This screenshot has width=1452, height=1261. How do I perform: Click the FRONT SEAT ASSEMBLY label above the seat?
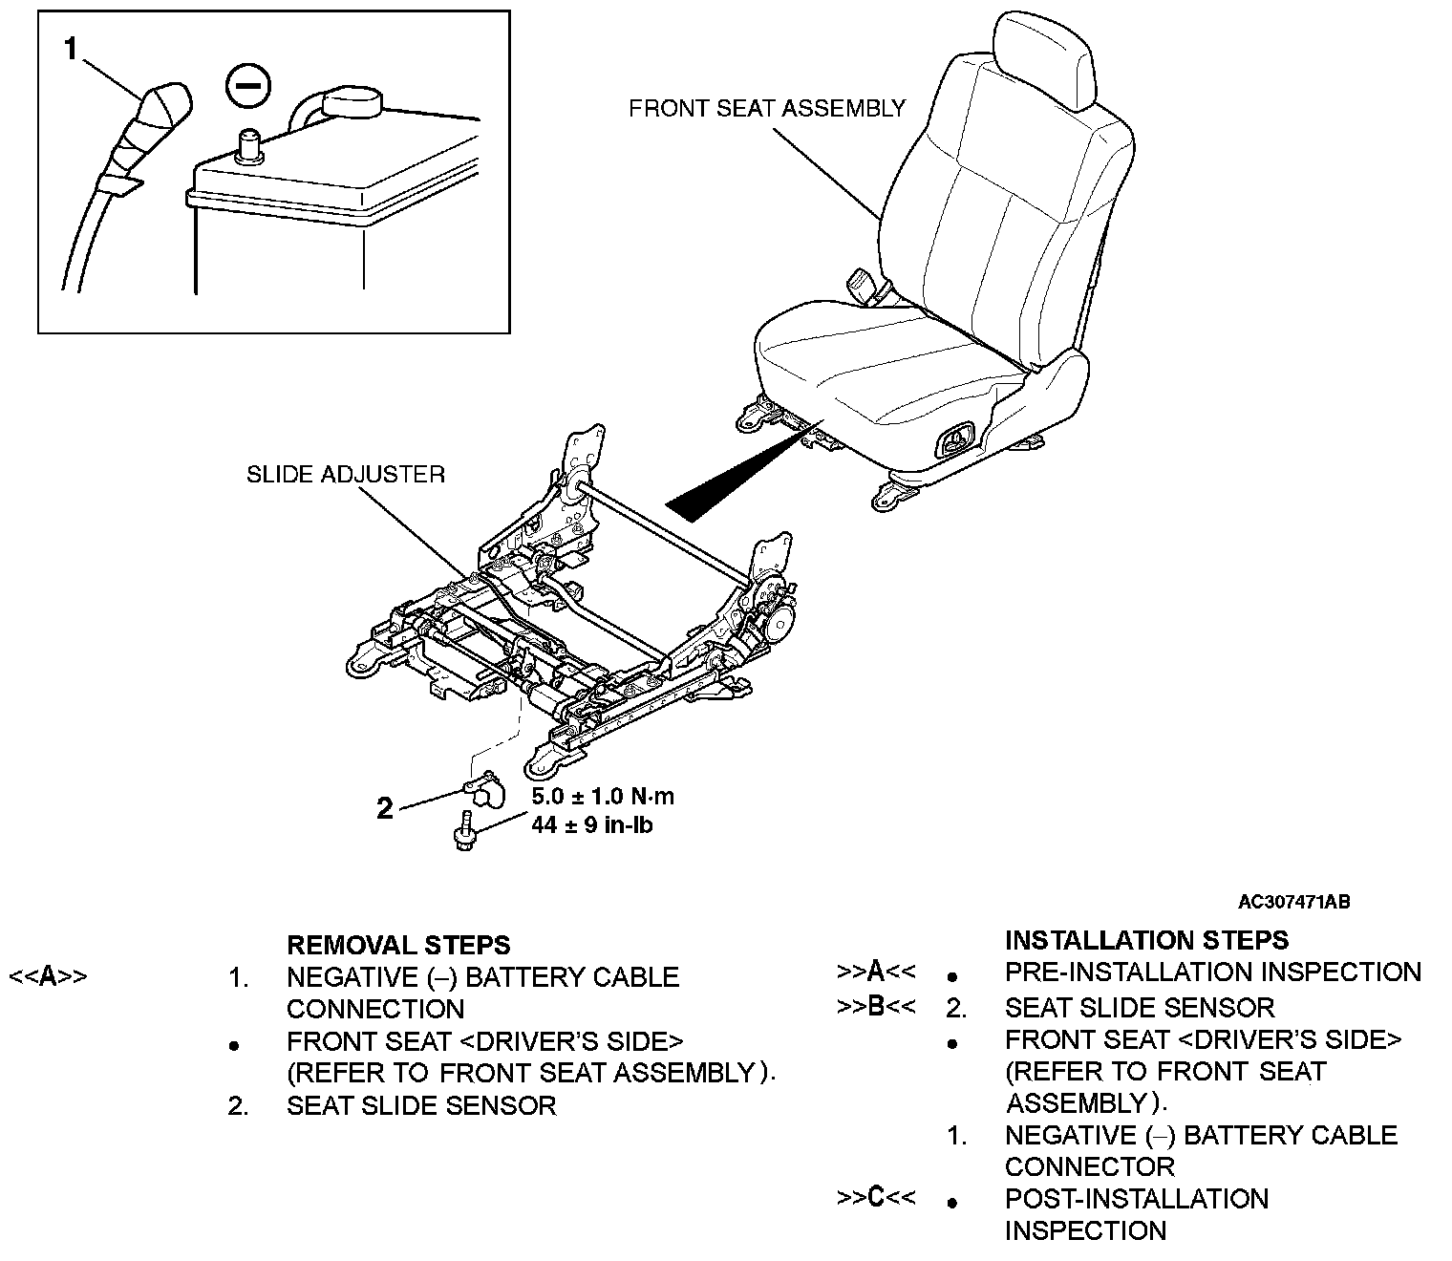click(x=766, y=108)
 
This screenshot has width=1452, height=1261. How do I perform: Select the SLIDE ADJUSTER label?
click(x=346, y=474)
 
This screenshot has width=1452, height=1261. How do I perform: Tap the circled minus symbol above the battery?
click(x=247, y=86)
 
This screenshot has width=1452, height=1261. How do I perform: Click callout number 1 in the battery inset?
click(x=70, y=48)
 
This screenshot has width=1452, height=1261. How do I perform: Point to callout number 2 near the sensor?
click(x=385, y=809)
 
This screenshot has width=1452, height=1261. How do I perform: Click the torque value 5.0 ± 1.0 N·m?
click(x=603, y=796)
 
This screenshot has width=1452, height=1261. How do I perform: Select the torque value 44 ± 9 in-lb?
click(x=592, y=824)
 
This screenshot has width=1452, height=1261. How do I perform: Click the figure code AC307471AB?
click(x=1293, y=901)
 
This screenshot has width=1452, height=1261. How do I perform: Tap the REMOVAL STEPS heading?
click(x=398, y=945)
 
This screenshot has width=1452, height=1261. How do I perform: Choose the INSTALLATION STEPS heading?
click(x=1146, y=939)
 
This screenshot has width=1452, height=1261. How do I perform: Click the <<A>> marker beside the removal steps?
click(x=48, y=976)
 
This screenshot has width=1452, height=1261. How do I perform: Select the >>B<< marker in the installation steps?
click(x=876, y=1006)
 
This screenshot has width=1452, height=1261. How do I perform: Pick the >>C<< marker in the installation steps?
click(x=876, y=1197)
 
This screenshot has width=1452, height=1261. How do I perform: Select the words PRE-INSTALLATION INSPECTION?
click(x=1213, y=972)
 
